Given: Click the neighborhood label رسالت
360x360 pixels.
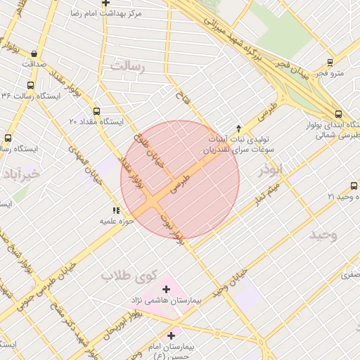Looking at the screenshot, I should [127, 66].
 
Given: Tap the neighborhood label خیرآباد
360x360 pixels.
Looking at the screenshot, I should [21, 173].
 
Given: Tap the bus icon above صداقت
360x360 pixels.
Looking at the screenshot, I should [34, 53].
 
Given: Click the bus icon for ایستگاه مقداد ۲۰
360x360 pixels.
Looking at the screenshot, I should [96, 111].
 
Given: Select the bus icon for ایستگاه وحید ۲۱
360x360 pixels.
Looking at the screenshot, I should [354, 186].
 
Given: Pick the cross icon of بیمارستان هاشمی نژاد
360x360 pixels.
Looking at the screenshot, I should [167, 289].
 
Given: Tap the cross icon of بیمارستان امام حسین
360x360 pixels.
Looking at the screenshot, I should [172, 336].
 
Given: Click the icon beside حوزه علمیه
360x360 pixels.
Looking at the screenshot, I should [116, 210].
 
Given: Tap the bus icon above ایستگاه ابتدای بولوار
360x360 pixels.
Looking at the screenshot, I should [339, 115].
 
